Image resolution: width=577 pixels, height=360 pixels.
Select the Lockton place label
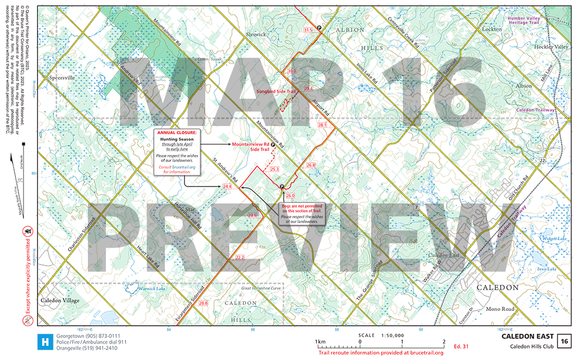[492, 29]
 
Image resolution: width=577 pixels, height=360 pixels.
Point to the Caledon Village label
[60, 301]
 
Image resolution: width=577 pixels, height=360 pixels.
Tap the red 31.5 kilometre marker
[308, 30]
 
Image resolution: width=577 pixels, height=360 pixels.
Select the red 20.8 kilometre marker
[203, 303]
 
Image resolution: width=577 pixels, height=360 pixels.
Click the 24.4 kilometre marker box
[228, 187]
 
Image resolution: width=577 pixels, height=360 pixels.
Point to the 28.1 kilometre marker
[322, 125]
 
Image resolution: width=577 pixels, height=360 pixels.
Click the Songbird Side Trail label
[276, 92]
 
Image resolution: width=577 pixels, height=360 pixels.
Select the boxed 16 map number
[564, 341]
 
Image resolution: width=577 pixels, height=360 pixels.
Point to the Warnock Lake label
[152, 289]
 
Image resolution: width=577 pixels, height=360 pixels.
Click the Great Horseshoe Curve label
[260, 289]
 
